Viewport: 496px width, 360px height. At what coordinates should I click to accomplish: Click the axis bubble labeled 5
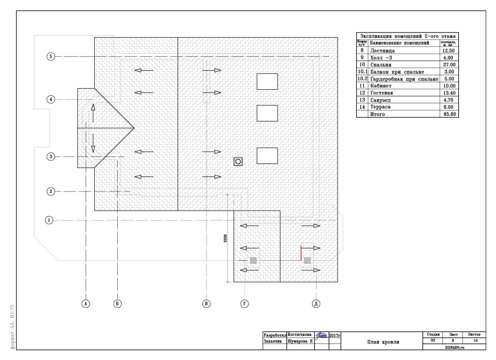pos(51,57)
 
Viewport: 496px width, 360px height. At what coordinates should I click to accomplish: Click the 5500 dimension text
pos(225,238)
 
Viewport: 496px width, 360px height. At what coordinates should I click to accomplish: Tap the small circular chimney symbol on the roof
pos(238,161)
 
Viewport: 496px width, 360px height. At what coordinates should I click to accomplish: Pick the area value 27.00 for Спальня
pos(448,65)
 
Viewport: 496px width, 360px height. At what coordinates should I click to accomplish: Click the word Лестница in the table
pos(383,51)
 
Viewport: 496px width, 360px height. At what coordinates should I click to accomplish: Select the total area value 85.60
pos(448,114)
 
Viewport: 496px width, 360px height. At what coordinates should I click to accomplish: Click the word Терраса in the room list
pos(382,107)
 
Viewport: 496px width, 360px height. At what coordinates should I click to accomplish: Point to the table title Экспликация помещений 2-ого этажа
pos(407,36)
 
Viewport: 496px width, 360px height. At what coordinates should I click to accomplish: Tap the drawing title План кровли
pos(383,342)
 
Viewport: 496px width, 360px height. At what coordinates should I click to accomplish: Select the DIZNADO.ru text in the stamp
pos(452,346)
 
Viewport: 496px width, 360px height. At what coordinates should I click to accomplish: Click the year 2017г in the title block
pos(335,334)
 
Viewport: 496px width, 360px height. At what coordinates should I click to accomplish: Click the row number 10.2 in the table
pos(362,79)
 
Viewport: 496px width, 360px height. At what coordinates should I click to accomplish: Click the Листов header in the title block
pos(474,334)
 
